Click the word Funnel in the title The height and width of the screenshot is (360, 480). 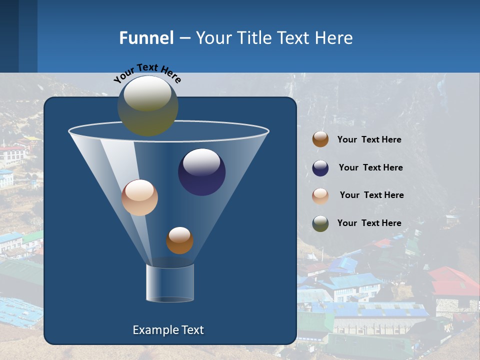[146, 38]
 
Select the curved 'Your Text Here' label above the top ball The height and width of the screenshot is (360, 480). [147, 72]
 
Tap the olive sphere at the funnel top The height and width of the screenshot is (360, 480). [148, 105]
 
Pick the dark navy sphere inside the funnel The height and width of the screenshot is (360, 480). [202, 172]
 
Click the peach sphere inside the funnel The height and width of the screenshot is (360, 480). [139, 197]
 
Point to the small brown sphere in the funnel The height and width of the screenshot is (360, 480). [179, 240]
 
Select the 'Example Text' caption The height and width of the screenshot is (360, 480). [168, 330]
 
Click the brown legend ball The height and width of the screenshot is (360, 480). [320, 139]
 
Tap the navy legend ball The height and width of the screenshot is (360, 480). [320, 168]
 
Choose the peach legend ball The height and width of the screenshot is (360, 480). [320, 195]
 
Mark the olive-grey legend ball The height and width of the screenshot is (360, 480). [320, 223]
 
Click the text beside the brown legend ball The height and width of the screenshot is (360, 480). [369, 140]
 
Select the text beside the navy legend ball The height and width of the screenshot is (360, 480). [370, 167]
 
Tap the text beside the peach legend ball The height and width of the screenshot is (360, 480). [371, 195]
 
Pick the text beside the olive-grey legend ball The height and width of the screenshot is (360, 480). [369, 223]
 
